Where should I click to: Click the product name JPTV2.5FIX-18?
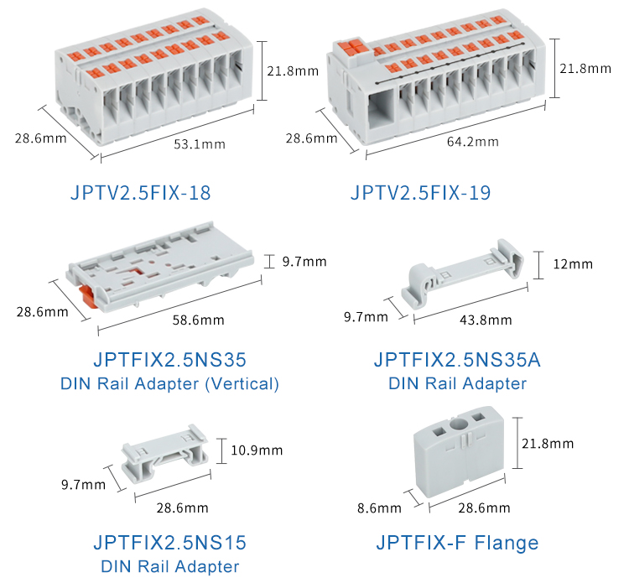(139, 194)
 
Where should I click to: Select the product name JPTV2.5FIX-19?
(420, 194)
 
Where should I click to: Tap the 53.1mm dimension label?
(200, 144)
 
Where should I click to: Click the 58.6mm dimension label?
(198, 320)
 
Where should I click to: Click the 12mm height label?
(573, 264)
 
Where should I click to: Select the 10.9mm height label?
(257, 450)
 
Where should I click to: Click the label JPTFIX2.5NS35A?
(457, 361)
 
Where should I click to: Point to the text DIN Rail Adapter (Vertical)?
(169, 384)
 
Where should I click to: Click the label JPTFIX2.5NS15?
(170, 542)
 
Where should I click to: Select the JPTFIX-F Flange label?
(457, 543)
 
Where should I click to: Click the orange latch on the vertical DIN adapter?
(86, 294)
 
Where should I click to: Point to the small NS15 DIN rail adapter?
(164, 456)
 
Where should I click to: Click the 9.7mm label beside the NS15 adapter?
(83, 484)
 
